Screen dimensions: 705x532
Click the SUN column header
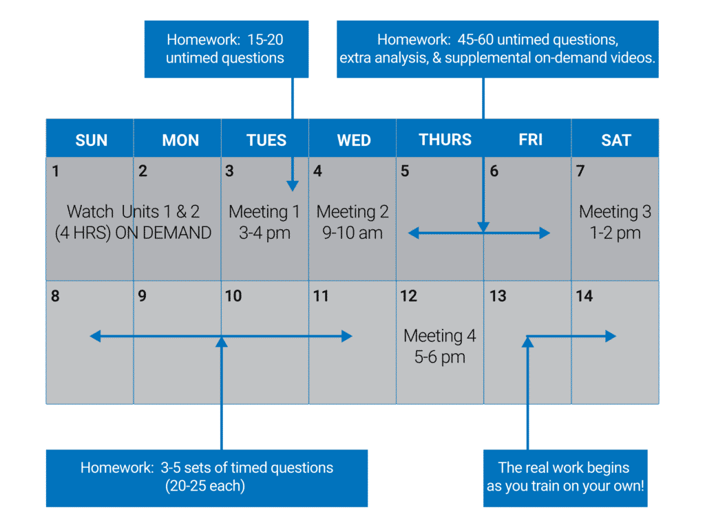pos(92,140)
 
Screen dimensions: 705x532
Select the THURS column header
pos(445,140)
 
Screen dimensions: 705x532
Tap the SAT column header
pos(616,140)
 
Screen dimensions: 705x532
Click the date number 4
pos(317,171)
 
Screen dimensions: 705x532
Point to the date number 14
pos(585,296)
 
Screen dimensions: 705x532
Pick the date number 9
pos(142,296)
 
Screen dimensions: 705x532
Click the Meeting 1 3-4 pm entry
pos(264,222)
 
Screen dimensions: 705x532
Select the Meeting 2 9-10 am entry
pos(352,222)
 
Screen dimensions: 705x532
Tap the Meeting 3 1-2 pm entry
pos(615,222)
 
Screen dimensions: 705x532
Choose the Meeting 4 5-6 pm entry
pos(440,346)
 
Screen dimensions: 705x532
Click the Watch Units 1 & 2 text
pos(133,211)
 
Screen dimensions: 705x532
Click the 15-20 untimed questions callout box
pos(227,49)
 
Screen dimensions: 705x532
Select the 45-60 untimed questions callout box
pos(498,49)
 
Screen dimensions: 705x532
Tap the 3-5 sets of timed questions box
pos(207,478)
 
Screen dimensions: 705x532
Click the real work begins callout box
pos(565,478)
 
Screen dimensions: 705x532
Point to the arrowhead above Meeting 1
pos(292,186)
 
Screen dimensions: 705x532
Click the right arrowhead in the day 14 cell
pos(611,336)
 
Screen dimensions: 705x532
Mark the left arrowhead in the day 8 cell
pos(95,336)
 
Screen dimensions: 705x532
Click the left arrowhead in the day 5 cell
pos(414,233)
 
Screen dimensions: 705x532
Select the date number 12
pos(409,296)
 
